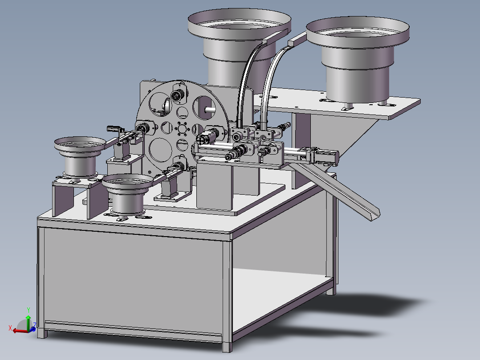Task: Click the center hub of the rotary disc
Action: (182, 128)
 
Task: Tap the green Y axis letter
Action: (28, 310)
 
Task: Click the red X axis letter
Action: (10, 328)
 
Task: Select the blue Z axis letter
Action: (35, 325)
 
